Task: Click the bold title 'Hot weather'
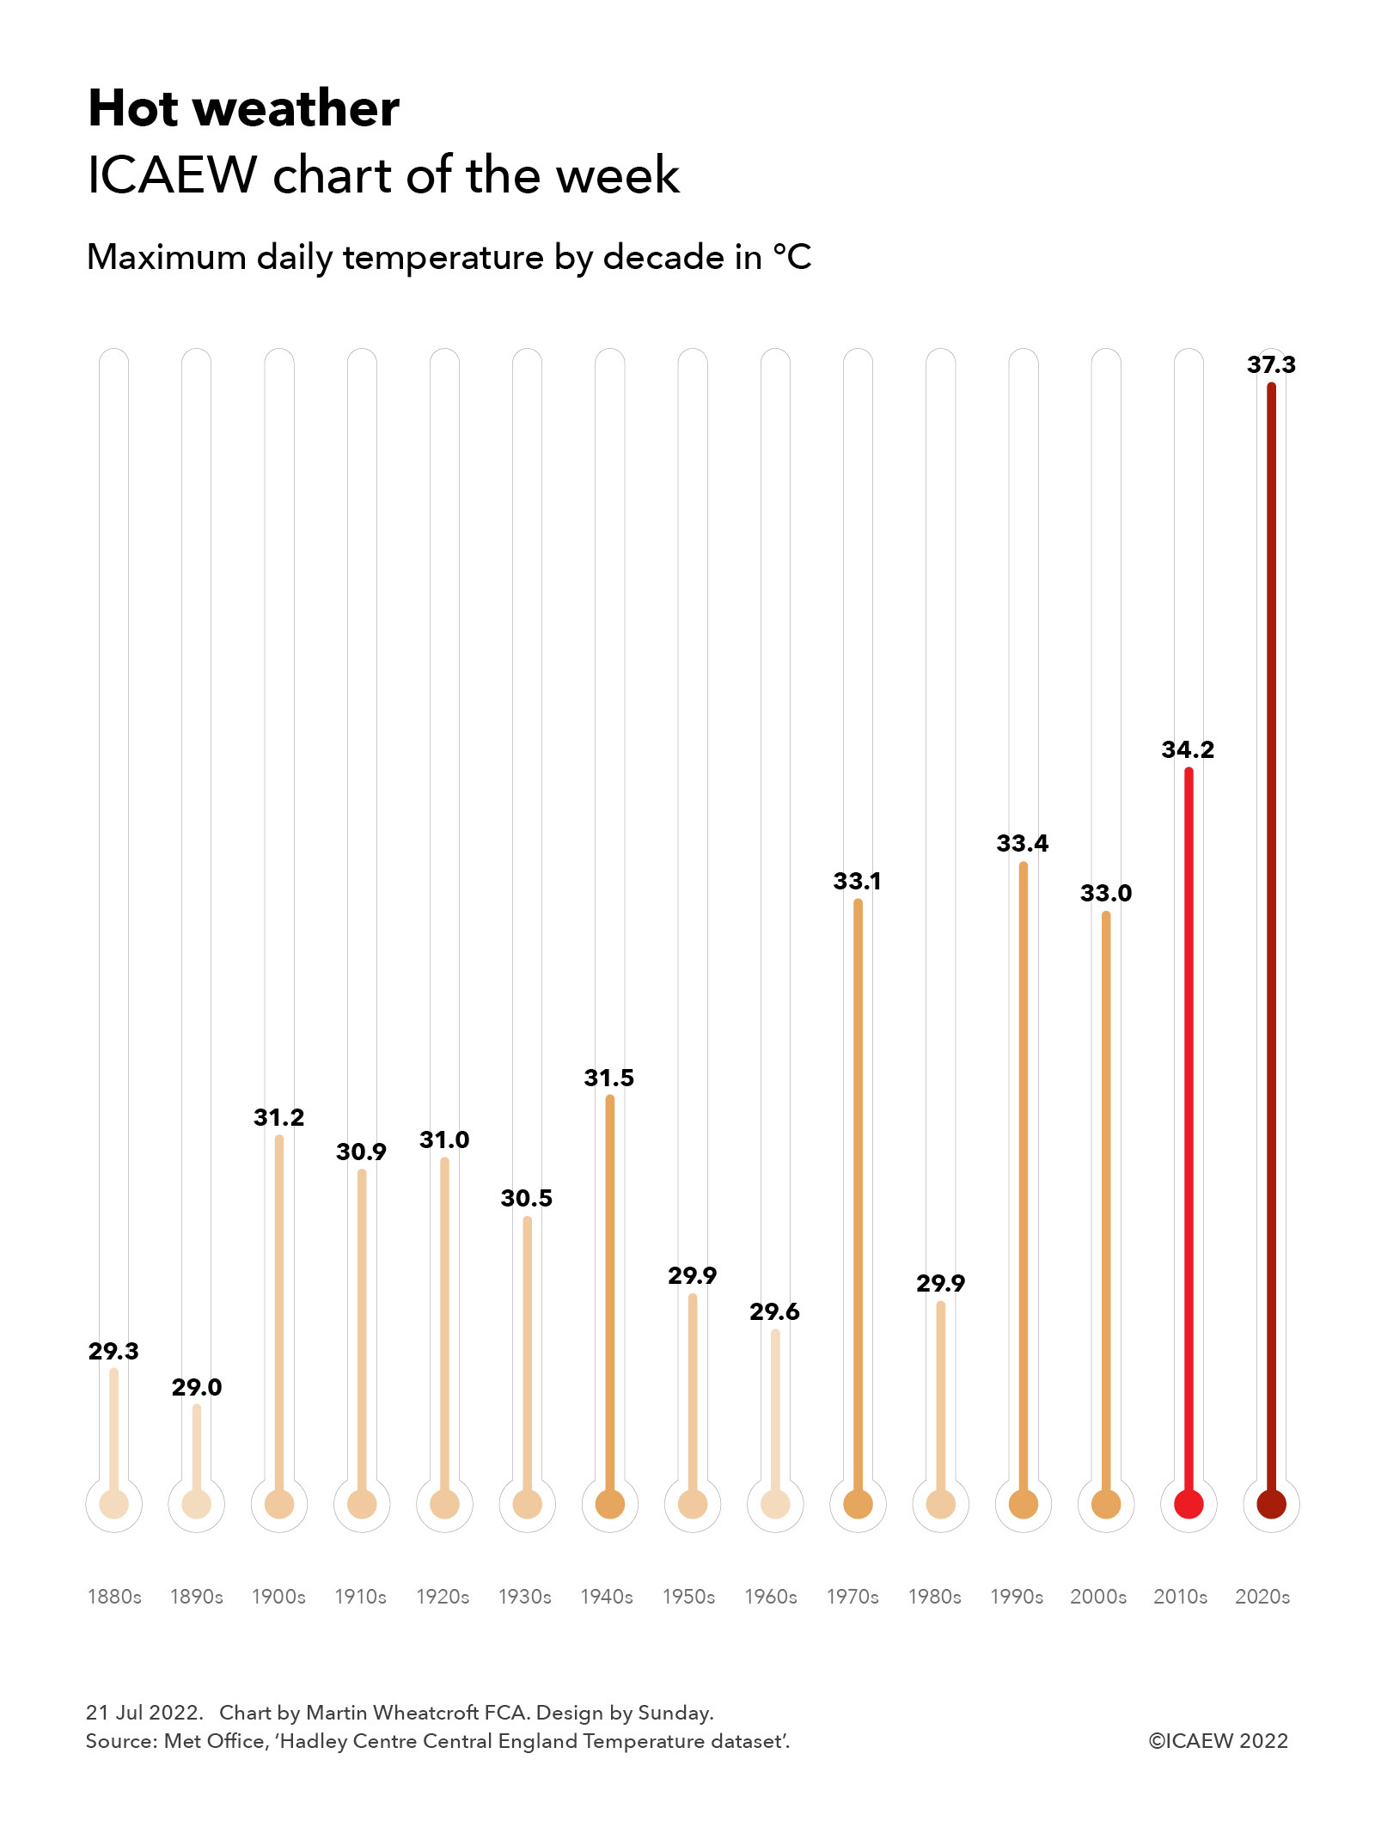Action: (x=244, y=109)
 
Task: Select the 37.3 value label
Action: (x=1271, y=364)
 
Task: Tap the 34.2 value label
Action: (x=1188, y=749)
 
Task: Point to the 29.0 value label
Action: (x=197, y=1387)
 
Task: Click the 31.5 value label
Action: (x=609, y=1078)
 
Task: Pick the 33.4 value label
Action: (x=1023, y=843)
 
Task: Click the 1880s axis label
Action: (x=114, y=1597)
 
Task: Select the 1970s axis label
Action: (x=852, y=1597)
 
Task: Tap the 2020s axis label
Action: (x=1262, y=1597)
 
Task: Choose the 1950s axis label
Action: (x=688, y=1597)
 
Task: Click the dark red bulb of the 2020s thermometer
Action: (x=1271, y=1504)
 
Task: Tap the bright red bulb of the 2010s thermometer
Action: (x=1189, y=1504)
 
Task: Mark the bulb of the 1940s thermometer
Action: (x=609, y=1504)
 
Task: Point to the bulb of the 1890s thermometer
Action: (x=197, y=1504)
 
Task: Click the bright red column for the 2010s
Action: (x=1189, y=1117)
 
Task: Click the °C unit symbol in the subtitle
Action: (x=792, y=257)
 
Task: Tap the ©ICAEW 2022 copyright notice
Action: (x=1218, y=1740)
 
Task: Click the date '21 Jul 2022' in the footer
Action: (x=144, y=1712)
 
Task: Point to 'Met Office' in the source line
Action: (x=214, y=1741)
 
